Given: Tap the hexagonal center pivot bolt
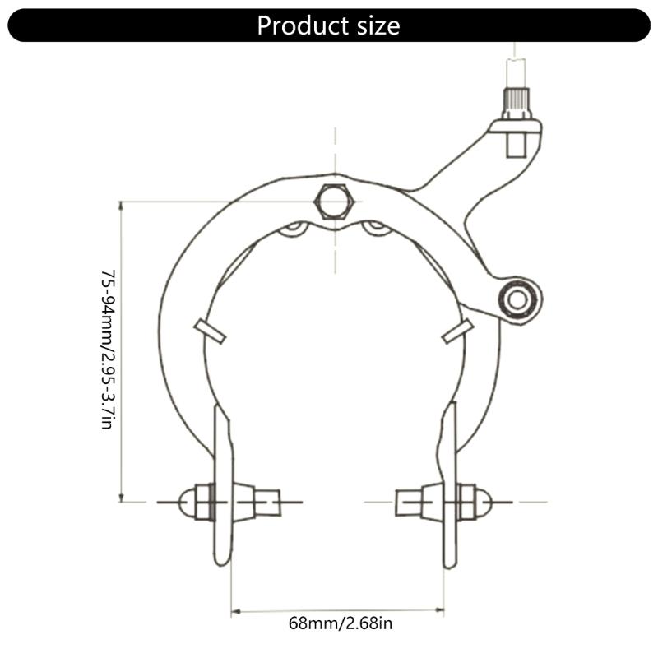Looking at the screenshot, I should pos(335,202).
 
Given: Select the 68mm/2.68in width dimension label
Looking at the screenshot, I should pos(341,623).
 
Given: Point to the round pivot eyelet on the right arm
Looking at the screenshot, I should pos(517,298).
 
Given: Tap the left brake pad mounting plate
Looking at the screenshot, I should pos(221,485).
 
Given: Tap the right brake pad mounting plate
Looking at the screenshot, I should pos(449,485).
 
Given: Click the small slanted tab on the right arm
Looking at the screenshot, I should pos(457,331).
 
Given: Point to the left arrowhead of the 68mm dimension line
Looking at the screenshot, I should pos(235,611).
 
